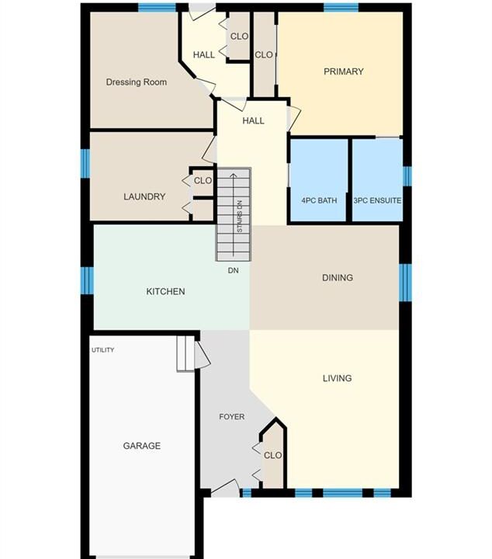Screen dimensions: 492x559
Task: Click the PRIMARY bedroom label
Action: pyautogui.click(x=344, y=71)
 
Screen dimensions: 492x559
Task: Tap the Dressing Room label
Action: pyautogui.click(x=137, y=82)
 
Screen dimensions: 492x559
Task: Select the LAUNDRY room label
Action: pyautogui.click(x=144, y=196)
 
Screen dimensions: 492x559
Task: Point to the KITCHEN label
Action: pyautogui.click(x=165, y=291)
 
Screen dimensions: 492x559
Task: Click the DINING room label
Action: pyautogui.click(x=338, y=277)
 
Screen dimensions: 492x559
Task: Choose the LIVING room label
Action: pyautogui.click(x=337, y=378)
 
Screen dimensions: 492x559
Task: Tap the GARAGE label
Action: pyautogui.click(x=141, y=446)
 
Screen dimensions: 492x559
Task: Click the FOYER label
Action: pyautogui.click(x=231, y=416)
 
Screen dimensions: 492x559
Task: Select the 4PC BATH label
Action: pyautogui.click(x=319, y=200)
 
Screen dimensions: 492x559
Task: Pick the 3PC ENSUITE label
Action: pyautogui.click(x=377, y=200)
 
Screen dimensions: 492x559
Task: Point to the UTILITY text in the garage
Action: pyautogui.click(x=103, y=349)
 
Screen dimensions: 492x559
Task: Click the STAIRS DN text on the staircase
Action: pyautogui.click(x=240, y=217)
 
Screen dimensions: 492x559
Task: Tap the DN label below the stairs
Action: pyautogui.click(x=233, y=271)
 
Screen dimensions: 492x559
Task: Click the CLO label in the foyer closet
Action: pyautogui.click(x=272, y=455)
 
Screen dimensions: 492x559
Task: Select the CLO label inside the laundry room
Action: pyautogui.click(x=203, y=181)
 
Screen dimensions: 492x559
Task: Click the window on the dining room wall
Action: pyautogui.click(x=405, y=283)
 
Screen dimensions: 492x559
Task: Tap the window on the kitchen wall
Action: pyautogui.click(x=87, y=280)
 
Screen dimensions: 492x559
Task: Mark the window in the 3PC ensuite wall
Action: pyautogui.click(x=407, y=176)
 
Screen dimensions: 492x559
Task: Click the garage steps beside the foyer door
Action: pyautogui.click(x=185, y=354)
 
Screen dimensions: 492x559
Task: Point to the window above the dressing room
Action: pyautogui.click(x=157, y=8)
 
